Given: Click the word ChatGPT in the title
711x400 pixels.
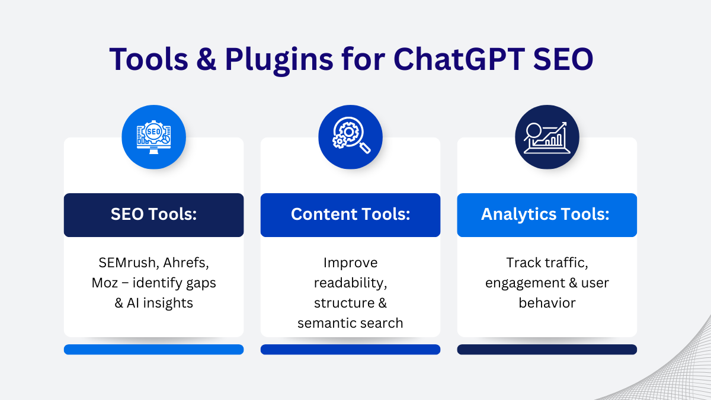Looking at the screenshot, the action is click(x=459, y=59).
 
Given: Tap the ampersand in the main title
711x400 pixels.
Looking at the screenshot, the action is click(x=206, y=59).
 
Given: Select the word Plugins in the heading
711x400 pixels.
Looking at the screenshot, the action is click(x=279, y=60).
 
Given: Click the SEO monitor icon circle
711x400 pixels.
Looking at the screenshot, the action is click(x=154, y=137).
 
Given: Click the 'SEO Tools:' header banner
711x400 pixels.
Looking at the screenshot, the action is click(x=154, y=215).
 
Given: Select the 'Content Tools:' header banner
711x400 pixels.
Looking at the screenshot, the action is click(x=350, y=215).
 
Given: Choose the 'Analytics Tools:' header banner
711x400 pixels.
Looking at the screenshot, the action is click(x=547, y=215).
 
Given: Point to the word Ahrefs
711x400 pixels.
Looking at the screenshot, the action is click(x=186, y=263).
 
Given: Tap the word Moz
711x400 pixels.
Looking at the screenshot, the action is click(x=105, y=283).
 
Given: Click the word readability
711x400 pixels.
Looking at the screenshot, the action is click(x=350, y=283).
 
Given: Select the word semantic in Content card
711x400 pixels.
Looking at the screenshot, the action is click(x=324, y=324).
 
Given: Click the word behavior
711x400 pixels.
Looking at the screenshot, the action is click(x=547, y=303).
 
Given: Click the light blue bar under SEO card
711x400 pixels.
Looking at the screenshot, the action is click(x=154, y=350).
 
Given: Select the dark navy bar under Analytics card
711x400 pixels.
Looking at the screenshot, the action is click(x=547, y=350).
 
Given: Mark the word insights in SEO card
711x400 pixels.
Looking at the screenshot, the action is click(x=168, y=303).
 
